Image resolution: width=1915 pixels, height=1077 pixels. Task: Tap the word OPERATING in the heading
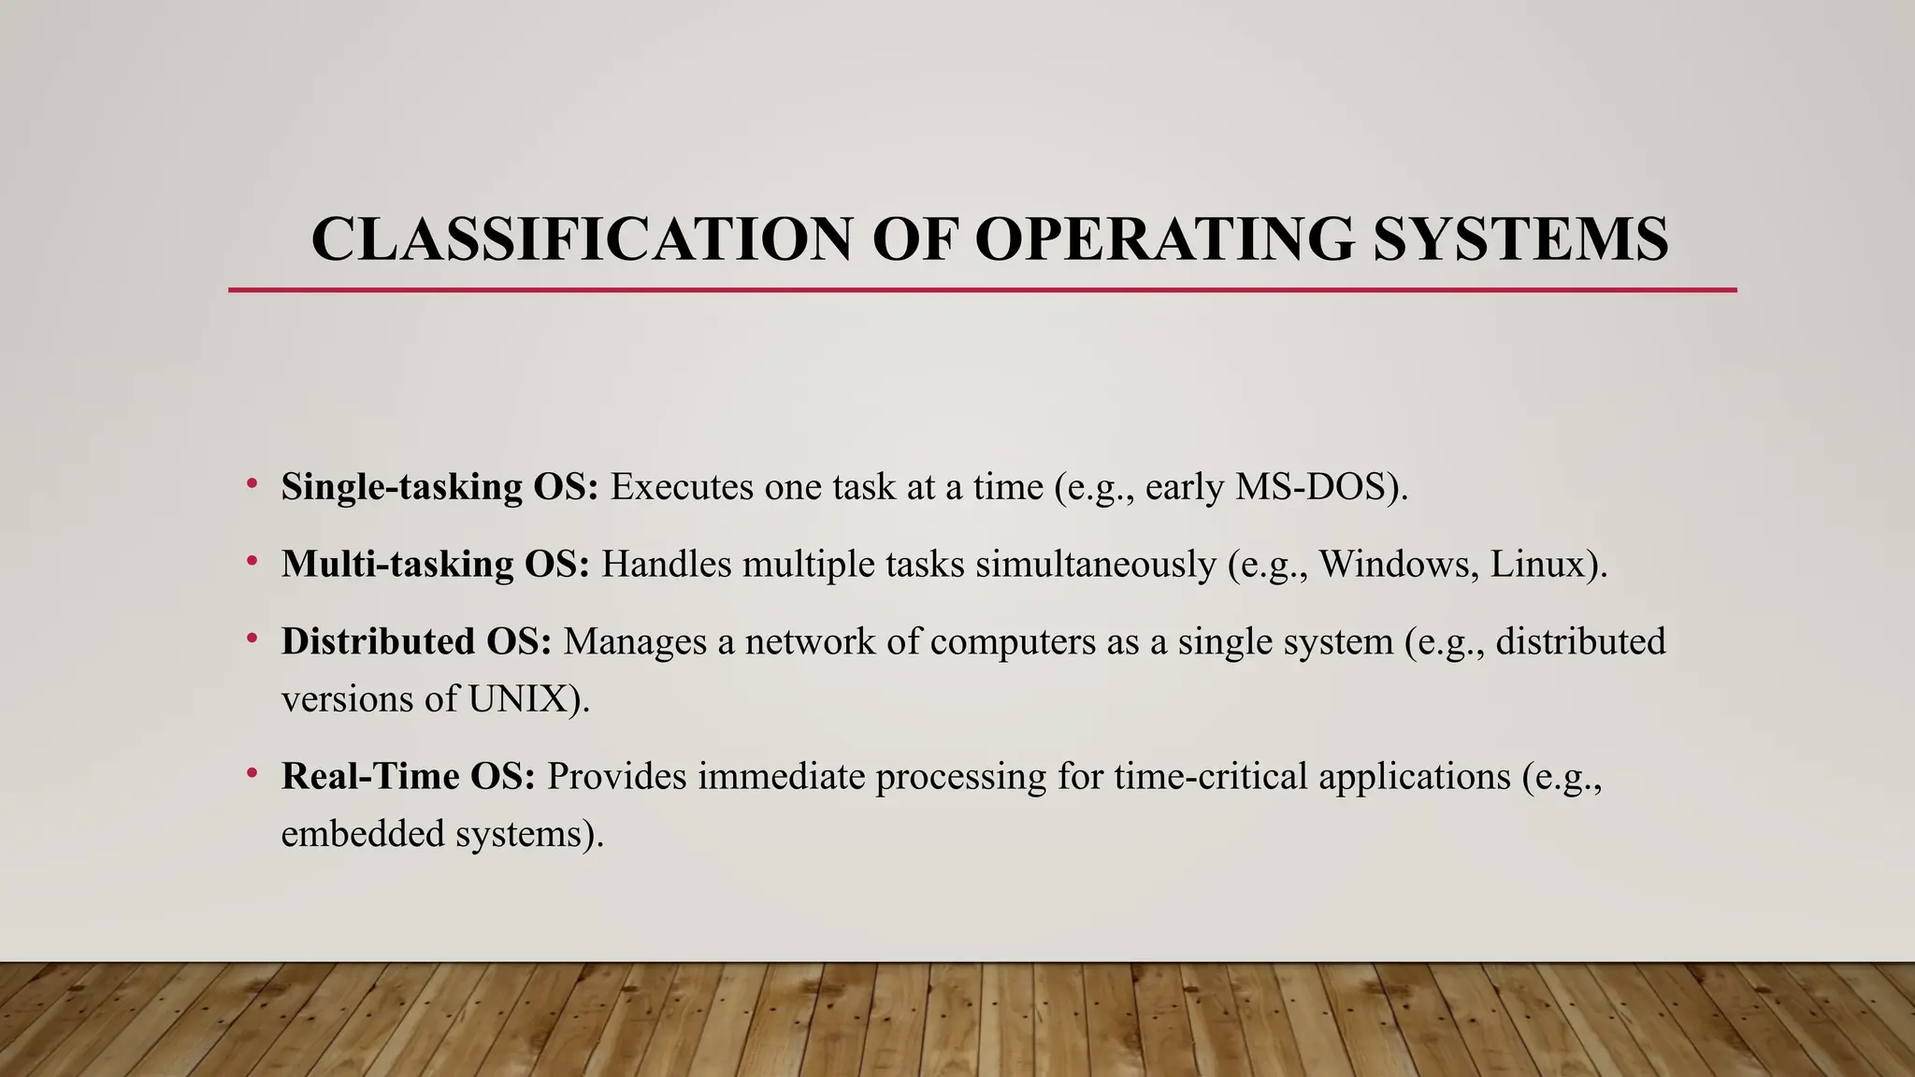click(1164, 239)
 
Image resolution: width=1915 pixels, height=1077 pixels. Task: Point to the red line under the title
click(982, 290)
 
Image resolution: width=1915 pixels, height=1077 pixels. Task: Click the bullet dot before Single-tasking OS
click(252, 483)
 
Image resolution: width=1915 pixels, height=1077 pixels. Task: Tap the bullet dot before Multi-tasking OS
click(252, 561)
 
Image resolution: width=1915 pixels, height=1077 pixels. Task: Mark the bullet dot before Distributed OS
click(252, 639)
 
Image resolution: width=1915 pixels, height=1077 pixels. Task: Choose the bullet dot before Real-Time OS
click(252, 773)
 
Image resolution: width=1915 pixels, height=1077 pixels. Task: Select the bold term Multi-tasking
click(397, 565)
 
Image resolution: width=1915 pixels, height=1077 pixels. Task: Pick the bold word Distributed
click(378, 642)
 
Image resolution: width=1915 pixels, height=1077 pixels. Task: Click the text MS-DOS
click(1311, 487)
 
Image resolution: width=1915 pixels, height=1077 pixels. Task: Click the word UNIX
click(517, 699)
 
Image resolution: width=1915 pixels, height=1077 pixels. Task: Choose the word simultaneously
click(1095, 565)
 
